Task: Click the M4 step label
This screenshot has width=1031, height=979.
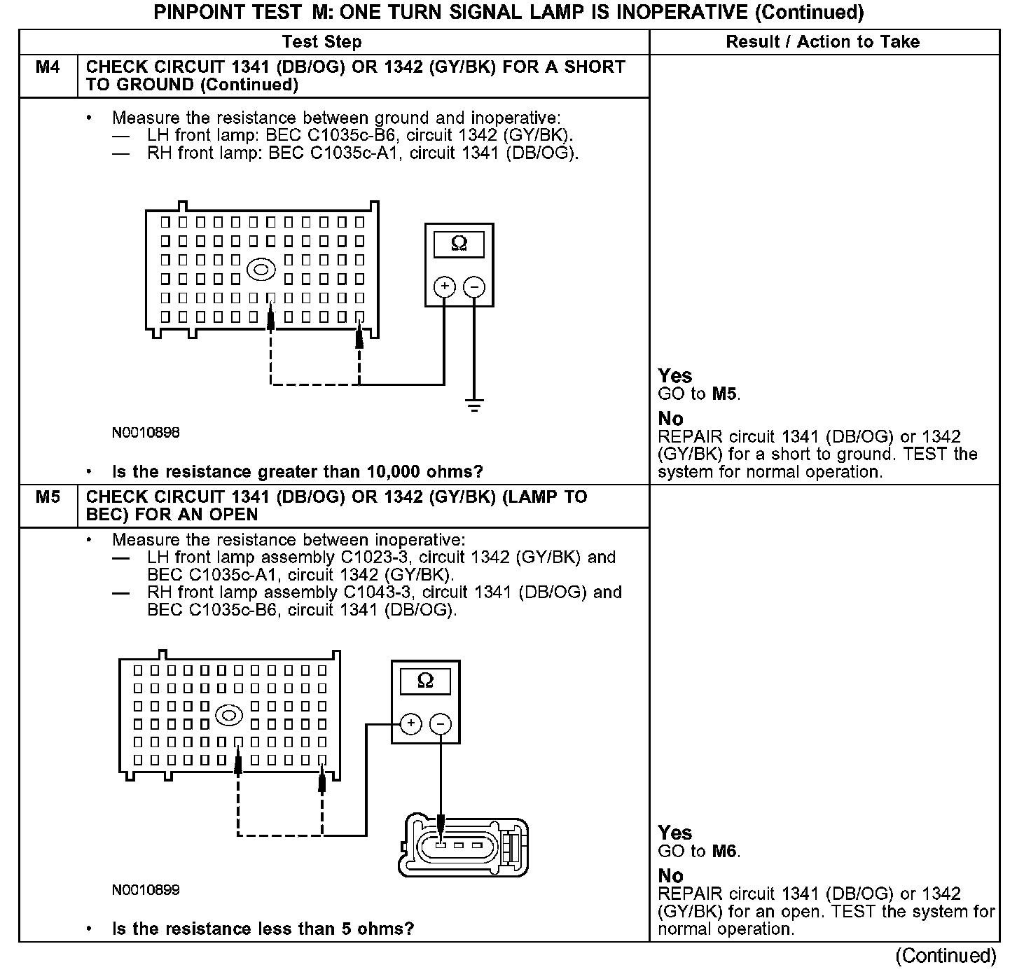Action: coord(48,67)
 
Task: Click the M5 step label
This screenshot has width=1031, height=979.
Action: coord(48,497)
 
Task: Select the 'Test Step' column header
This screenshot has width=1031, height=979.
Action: coord(321,42)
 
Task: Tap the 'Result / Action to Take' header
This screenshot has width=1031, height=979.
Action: coord(822,42)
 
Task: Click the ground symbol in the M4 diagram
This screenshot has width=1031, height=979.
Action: coord(474,405)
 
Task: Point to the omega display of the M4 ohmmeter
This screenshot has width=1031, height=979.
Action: coord(459,243)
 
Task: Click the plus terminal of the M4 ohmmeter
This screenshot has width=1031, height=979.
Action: coord(444,286)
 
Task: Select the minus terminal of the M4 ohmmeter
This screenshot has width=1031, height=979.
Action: coord(474,286)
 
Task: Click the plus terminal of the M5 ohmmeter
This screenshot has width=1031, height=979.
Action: coord(410,723)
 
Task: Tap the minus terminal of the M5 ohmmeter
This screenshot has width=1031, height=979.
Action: coord(441,723)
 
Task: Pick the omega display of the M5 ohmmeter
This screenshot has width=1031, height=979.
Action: coord(425,680)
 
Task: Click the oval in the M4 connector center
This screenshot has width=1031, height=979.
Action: coord(261,269)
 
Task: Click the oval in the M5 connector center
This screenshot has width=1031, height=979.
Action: coord(229,716)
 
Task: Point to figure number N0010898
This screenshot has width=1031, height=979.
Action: coord(146,433)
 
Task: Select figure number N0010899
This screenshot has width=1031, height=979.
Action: coord(146,890)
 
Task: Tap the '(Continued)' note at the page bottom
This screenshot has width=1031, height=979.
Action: coord(945,956)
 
